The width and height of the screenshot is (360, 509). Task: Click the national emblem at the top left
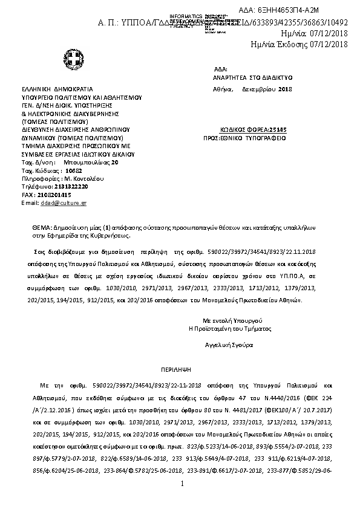pos(68,59)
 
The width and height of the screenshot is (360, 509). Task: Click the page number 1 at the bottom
pos(182,485)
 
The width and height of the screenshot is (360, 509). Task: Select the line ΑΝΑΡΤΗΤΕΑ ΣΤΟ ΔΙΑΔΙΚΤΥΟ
pos(252,78)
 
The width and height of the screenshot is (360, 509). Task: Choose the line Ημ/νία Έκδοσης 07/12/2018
pos(299,44)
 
